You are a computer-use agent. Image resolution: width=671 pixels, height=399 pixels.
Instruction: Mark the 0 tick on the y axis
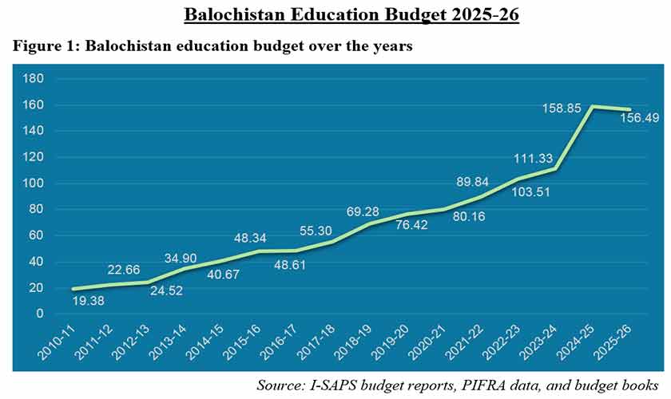point(39,314)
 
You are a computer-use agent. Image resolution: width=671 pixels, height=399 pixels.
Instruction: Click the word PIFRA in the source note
point(476,384)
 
